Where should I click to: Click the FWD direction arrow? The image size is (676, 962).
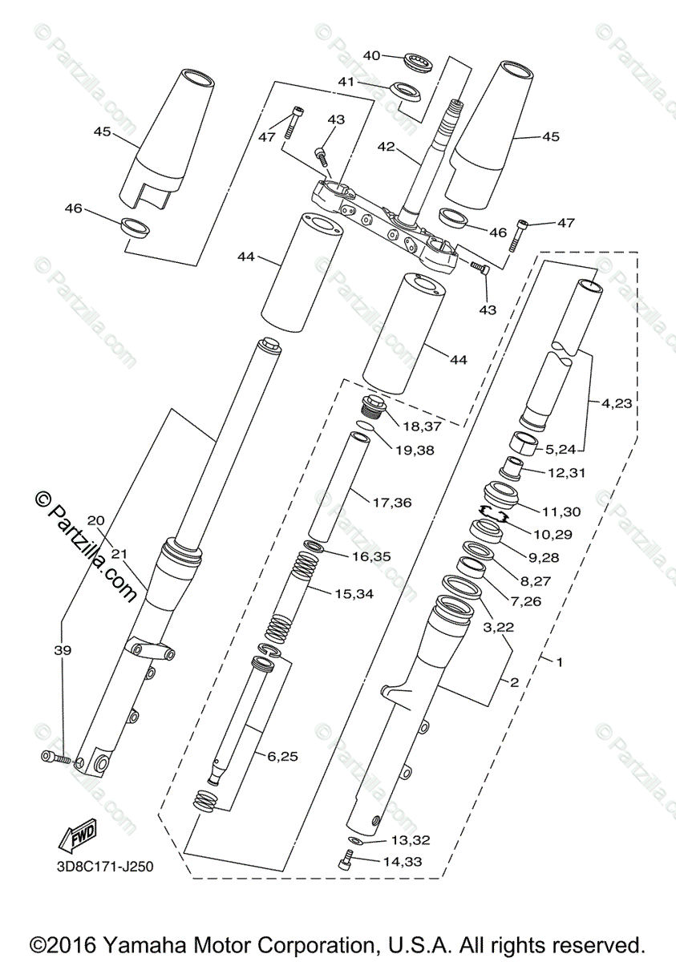pos(78,835)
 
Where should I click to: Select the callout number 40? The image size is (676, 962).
pos(372,55)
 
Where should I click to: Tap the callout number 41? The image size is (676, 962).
pos(346,81)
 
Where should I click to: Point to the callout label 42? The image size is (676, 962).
pos(386,147)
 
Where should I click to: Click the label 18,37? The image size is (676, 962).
pos(422,426)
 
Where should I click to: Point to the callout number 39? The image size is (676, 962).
pos(63,651)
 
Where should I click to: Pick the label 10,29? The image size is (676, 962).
pos(553,535)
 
